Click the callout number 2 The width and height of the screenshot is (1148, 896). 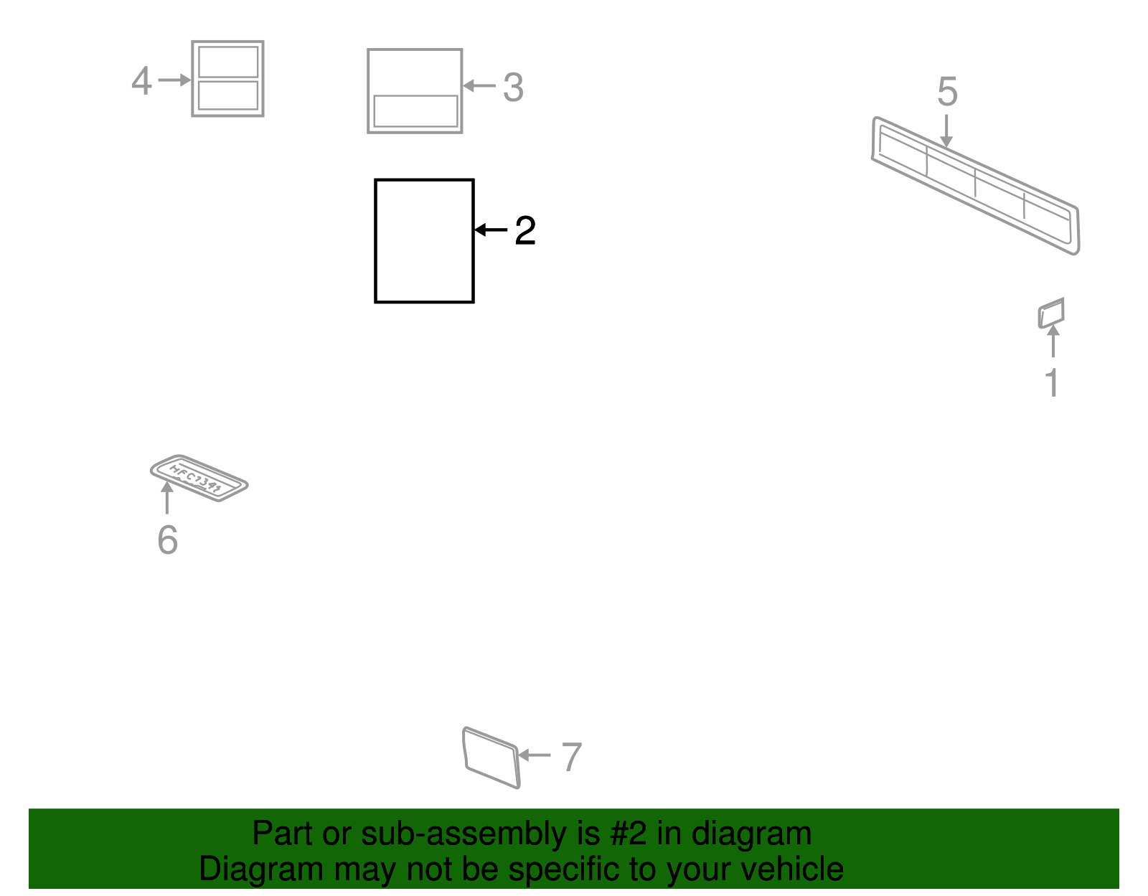(525, 231)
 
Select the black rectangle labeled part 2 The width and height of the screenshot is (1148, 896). (424, 241)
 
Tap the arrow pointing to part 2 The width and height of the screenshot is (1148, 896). (491, 230)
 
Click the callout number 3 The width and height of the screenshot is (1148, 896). (513, 88)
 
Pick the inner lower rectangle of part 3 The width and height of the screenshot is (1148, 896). (415, 111)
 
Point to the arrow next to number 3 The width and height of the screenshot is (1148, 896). (479, 86)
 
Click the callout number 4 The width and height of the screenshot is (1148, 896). (141, 80)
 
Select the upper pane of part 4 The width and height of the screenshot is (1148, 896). (228, 62)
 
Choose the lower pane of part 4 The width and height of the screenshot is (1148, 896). (228, 95)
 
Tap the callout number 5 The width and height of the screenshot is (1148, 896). (947, 92)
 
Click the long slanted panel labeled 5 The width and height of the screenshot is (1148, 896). (976, 185)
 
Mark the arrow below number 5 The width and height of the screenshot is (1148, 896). (947, 132)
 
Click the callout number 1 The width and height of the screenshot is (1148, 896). (1052, 383)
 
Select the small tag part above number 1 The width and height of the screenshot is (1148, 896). (1051, 313)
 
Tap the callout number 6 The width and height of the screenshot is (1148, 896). (167, 540)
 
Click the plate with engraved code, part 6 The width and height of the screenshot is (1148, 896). (199, 478)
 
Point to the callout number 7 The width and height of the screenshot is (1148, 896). (571, 758)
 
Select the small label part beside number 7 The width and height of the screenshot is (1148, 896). (491, 758)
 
